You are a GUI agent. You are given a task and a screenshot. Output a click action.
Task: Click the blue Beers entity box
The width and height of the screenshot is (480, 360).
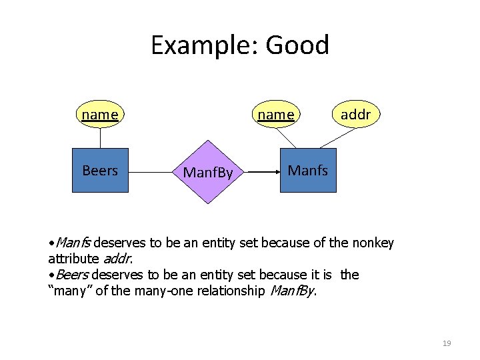(100, 171)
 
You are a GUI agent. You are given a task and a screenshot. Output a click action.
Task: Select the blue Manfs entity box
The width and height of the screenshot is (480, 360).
(308, 171)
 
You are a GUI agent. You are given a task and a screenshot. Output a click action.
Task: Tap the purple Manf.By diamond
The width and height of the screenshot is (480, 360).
(208, 172)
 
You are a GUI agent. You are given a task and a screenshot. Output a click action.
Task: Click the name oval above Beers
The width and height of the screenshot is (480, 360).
(100, 115)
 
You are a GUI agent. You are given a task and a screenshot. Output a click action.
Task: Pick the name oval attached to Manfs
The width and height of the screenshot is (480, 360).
(276, 115)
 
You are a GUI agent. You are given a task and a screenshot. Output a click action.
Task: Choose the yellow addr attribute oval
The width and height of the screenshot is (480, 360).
(355, 115)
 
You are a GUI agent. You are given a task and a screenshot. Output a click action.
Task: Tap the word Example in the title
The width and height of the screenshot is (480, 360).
(204, 45)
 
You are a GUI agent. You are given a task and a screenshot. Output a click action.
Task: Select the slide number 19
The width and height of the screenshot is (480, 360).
(447, 343)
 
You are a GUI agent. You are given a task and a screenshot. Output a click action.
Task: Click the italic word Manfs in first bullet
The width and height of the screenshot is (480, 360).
(70, 243)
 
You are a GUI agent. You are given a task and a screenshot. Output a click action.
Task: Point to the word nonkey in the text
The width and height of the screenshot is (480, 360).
(370, 243)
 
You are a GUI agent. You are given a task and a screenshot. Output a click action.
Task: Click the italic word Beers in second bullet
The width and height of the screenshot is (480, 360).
(72, 275)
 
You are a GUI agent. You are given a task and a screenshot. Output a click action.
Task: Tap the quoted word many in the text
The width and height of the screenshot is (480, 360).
(71, 291)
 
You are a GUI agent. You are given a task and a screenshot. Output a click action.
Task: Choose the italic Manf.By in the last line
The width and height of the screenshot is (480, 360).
(292, 291)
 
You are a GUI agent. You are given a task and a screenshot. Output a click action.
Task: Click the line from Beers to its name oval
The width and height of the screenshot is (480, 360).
(100, 137)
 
